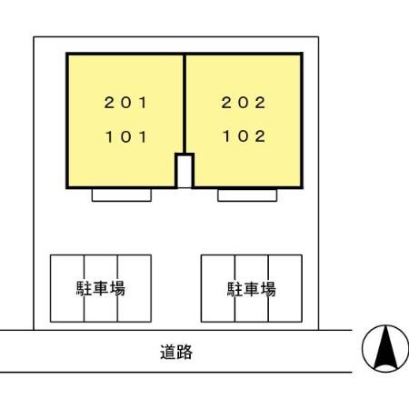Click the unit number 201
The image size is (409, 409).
(x=125, y=103)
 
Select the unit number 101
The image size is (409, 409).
(x=126, y=136)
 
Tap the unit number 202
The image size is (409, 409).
(x=244, y=103)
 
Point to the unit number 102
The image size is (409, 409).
(x=244, y=136)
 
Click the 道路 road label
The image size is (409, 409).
(x=176, y=352)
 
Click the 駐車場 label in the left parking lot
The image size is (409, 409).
(x=101, y=288)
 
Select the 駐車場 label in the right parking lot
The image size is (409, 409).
(x=252, y=289)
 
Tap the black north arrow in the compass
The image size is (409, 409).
(x=385, y=347)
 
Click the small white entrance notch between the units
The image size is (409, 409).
(x=185, y=172)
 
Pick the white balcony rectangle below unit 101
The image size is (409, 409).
(x=122, y=195)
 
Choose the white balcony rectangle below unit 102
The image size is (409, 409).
(x=247, y=195)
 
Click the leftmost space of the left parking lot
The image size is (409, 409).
(x=67, y=288)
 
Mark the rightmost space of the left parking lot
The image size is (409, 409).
(x=135, y=288)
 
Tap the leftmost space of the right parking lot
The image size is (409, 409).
(x=218, y=288)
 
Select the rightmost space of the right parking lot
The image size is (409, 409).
(x=285, y=288)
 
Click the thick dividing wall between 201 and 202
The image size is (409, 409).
(x=185, y=104)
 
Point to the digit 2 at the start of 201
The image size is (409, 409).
(x=109, y=103)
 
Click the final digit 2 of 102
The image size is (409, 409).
(x=260, y=136)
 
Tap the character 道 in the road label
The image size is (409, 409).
(x=168, y=352)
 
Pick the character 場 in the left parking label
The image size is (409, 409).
(x=117, y=288)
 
